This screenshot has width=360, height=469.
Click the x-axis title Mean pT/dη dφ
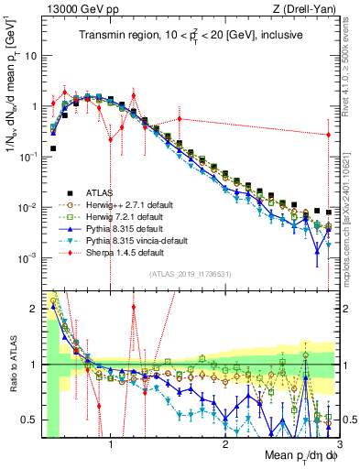point(295,455)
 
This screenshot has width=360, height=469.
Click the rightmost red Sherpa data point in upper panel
point(328,136)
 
